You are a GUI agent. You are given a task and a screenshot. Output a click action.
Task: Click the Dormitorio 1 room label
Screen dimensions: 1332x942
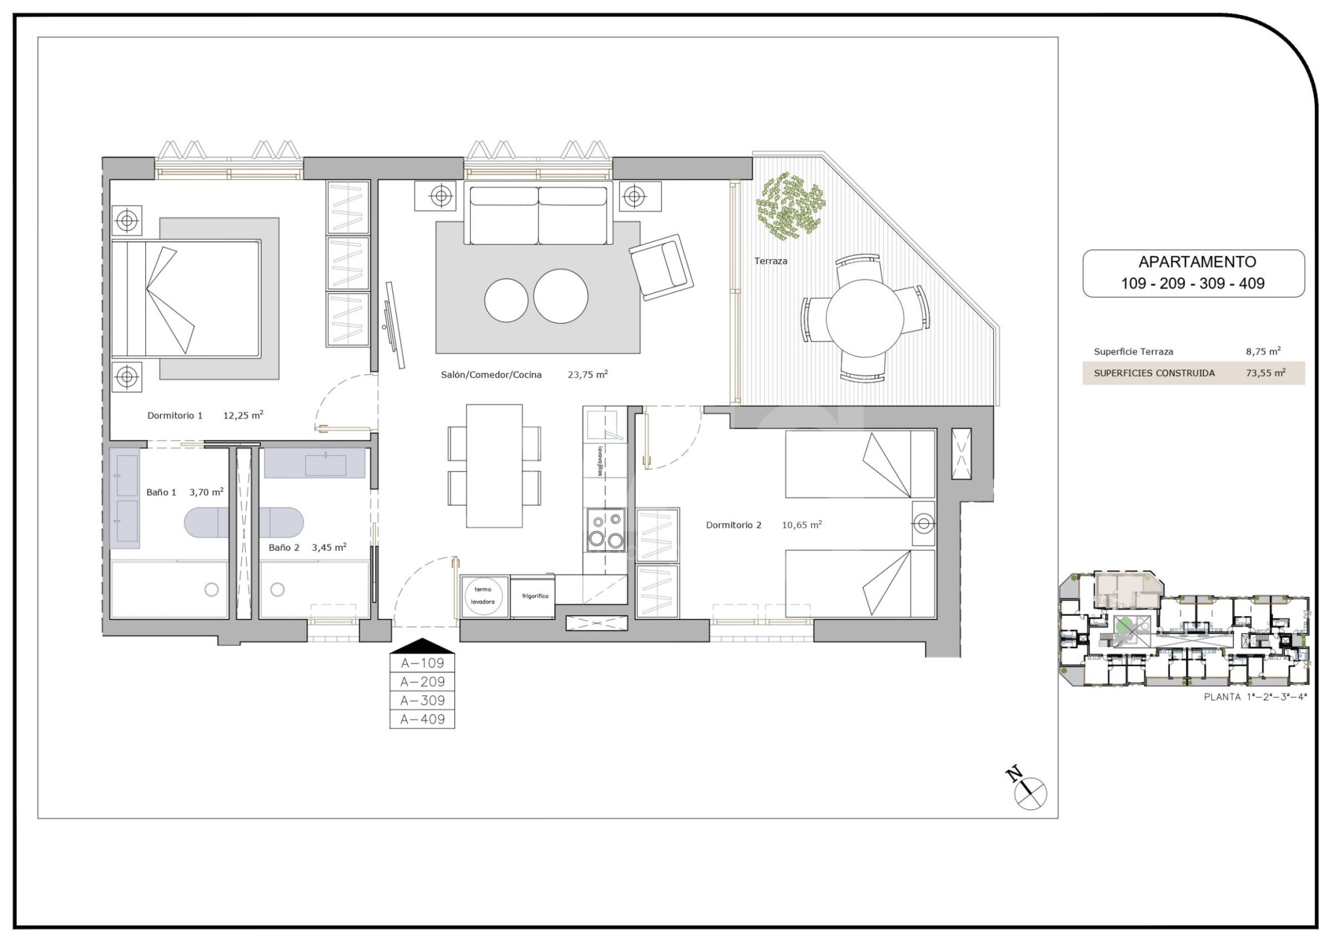coord(175,415)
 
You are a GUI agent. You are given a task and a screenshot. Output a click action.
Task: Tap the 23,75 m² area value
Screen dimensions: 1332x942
coord(588,375)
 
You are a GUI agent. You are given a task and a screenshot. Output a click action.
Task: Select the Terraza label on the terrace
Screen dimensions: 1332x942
coord(771,261)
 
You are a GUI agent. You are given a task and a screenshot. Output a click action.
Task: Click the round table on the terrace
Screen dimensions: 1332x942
coord(864,319)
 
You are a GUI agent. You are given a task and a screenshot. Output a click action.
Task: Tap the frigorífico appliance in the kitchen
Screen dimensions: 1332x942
coord(533,597)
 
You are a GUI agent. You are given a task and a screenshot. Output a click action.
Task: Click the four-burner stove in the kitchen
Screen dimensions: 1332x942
coord(605,530)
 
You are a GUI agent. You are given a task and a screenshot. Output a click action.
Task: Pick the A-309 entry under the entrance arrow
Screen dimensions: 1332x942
coord(422,701)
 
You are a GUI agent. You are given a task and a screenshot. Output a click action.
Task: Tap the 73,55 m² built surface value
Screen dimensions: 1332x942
coord(1266,373)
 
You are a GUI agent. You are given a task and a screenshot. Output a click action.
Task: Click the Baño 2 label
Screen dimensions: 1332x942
coord(284,548)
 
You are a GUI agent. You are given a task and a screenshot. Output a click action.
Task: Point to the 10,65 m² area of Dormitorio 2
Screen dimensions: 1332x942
coord(802,525)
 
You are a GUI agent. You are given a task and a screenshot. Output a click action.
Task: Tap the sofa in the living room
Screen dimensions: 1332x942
coord(538,214)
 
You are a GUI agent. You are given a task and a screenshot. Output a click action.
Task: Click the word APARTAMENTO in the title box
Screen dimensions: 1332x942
coord(1197,262)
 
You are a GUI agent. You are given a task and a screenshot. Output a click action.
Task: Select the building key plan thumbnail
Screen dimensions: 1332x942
coord(1184,629)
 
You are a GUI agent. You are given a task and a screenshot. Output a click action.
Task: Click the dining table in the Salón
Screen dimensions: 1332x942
coord(494,466)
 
